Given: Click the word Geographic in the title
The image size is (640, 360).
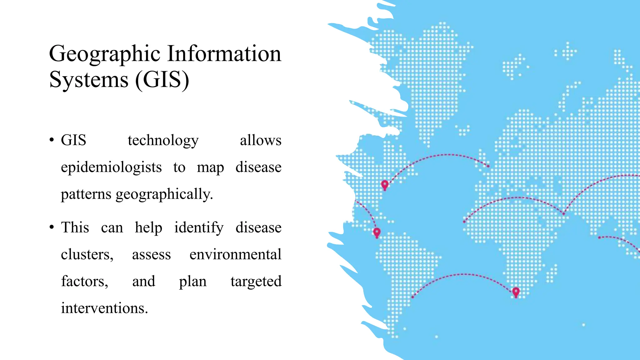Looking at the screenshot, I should coord(105,54).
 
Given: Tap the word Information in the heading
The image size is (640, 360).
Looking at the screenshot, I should coord(224,53).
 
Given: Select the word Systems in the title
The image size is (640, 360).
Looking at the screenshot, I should coord(89,80).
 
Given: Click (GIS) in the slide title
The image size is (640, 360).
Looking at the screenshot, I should coord(162,80).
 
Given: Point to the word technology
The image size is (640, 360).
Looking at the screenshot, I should coord(163,141).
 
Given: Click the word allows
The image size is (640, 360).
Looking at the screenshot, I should coord(260,140).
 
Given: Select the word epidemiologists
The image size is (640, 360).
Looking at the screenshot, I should coord(111,167).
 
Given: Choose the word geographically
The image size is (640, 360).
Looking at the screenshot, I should coord(164,194).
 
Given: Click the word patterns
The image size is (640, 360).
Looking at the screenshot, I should coord(86,194).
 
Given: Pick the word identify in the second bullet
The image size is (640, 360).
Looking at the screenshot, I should coord(199,227).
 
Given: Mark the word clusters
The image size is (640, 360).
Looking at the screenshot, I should coord(87,254).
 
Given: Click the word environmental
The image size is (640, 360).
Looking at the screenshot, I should coord(235,254).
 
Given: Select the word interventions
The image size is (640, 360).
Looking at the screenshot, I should coord(104,308).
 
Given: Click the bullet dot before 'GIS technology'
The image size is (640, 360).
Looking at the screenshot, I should coord(52,140).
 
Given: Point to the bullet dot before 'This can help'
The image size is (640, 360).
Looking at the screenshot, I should coord(52,227).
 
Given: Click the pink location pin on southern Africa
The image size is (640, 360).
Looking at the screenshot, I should coord(516,292).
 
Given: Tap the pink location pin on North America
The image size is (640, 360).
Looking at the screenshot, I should coord(385,185).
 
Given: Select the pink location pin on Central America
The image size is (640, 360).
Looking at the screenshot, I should coord(377,232).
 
